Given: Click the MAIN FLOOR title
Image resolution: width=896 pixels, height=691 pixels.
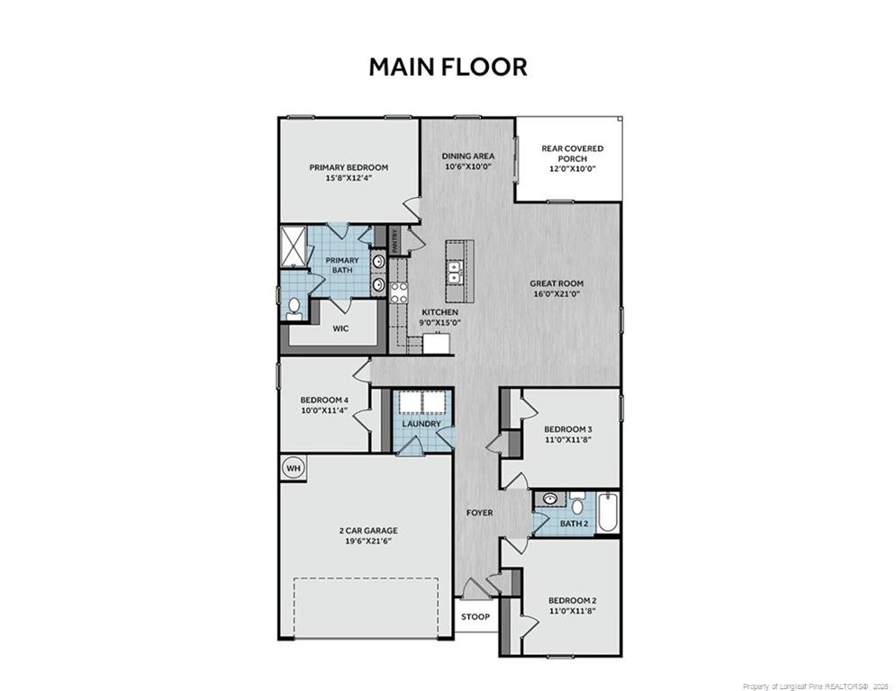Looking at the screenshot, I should tap(448, 67).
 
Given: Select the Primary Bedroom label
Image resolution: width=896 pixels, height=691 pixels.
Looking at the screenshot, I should tap(348, 167).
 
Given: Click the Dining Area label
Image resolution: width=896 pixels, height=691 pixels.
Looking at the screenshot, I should tap(468, 156).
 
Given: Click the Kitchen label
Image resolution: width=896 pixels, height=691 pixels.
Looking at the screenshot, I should tap(440, 312).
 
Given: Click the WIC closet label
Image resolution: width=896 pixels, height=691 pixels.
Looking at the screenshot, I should tap(340, 328).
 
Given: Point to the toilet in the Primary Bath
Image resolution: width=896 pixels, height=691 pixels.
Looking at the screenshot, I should tap(294, 309).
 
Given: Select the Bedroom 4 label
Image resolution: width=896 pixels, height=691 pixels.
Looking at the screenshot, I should tap(324, 400).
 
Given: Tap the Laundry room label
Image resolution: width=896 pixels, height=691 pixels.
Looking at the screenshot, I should tap(421, 424).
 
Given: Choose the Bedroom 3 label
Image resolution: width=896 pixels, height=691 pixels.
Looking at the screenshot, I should tap(567, 428).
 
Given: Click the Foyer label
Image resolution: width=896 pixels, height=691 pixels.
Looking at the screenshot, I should tap(479, 513).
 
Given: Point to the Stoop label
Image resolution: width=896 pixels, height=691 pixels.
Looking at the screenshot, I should tap(475, 617).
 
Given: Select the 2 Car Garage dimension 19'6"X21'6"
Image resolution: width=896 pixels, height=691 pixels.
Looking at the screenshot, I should tap(365, 541).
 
